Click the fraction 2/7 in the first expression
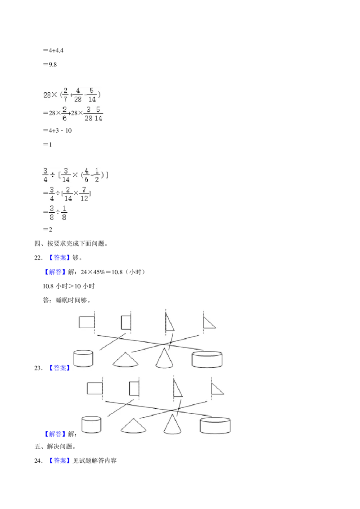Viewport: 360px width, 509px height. point(66,95)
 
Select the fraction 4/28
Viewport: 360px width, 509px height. point(78,95)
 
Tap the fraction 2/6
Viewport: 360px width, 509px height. point(65,114)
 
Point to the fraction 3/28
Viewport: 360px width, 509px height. point(88,114)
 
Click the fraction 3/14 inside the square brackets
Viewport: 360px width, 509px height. point(66,174)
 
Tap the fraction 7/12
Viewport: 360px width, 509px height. point(85,193)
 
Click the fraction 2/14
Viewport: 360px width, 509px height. point(67,193)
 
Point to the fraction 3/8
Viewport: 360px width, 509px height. point(52,213)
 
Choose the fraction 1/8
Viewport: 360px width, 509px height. point(64,213)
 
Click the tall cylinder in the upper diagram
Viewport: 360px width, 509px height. point(83,358)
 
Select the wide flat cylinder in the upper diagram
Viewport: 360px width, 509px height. point(207,359)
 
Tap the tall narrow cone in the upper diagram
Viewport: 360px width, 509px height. point(165,358)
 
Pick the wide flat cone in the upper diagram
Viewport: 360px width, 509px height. point(126,360)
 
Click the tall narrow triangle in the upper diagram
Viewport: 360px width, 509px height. point(169,322)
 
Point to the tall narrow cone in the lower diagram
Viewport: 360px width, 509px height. point(172,424)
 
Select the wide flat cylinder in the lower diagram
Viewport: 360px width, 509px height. point(215,425)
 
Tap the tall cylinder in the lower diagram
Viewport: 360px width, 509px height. point(91,424)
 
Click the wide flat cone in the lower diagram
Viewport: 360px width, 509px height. point(133,425)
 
